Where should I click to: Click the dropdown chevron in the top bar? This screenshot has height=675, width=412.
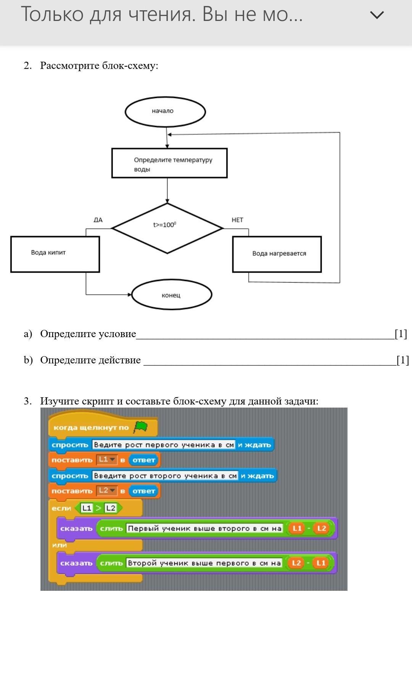click(377, 15)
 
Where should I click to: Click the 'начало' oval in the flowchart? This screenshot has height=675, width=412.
click(165, 112)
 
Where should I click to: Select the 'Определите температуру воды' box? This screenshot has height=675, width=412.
click(169, 163)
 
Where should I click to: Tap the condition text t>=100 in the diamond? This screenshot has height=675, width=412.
click(165, 225)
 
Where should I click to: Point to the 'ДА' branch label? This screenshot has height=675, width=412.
click(98, 220)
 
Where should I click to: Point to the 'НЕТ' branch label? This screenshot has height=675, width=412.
click(237, 220)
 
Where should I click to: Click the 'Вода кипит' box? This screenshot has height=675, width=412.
click(55, 254)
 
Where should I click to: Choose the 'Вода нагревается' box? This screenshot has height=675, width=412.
click(277, 254)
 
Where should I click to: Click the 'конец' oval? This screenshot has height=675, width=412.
click(171, 295)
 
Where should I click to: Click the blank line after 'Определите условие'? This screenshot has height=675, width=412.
click(265, 335)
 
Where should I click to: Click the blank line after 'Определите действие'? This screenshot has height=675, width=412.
click(269, 361)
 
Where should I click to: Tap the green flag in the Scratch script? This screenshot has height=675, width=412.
click(140, 427)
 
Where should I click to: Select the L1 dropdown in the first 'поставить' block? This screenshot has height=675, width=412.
click(106, 460)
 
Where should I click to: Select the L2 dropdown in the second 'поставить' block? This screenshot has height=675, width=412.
click(106, 491)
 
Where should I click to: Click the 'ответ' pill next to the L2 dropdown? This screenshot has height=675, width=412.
click(144, 491)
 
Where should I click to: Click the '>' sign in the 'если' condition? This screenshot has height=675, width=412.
click(98, 508)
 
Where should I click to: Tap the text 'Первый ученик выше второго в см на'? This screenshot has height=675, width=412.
click(204, 528)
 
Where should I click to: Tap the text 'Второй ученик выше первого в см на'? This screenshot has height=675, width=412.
click(204, 563)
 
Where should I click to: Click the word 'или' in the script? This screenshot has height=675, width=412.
click(60, 545)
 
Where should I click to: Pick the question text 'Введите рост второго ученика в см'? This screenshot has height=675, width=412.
click(165, 476)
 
